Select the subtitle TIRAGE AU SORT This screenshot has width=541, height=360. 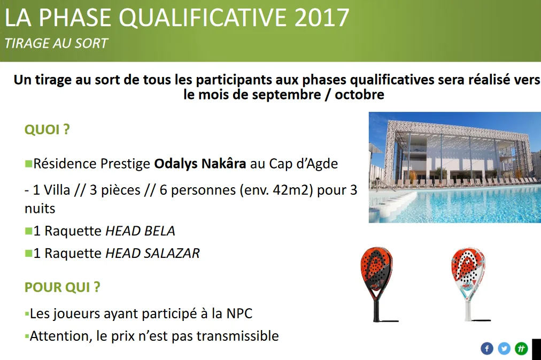[x=56, y=43]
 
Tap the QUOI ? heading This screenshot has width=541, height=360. [x=47, y=130]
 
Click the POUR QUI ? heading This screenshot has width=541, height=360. [x=63, y=287]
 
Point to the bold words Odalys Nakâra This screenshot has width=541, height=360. [x=200, y=164]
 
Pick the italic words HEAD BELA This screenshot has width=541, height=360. [x=140, y=231]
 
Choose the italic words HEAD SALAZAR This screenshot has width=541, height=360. [x=152, y=253]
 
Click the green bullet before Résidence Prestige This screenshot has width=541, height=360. [x=28, y=163]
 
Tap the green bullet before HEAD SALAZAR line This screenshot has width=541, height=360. [x=28, y=252]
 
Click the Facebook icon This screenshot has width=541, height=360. [x=486, y=349]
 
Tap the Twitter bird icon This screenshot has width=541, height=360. [x=504, y=349]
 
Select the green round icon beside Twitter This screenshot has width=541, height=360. [x=521, y=349]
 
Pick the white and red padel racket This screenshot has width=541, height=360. [x=467, y=278]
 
